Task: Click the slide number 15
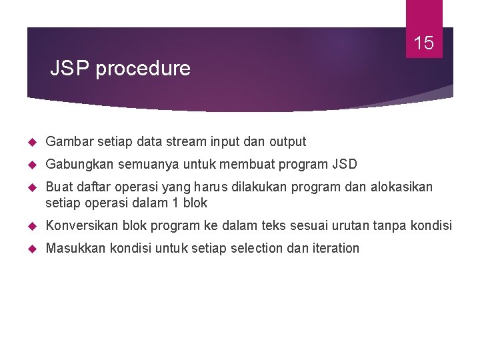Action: [424, 44]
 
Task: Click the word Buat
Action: [58, 187]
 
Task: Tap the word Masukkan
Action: [75, 249]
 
